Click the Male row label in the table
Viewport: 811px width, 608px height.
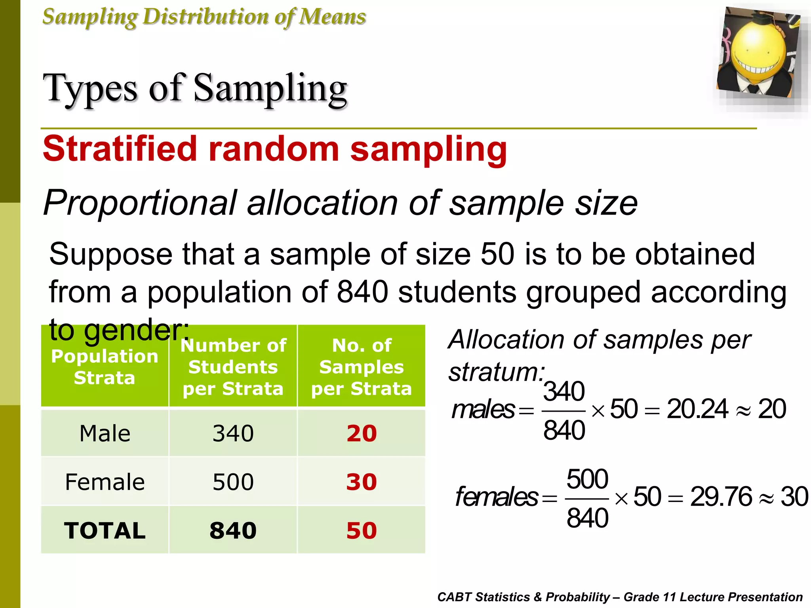pos(105,433)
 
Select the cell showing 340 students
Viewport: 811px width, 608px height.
pos(233,433)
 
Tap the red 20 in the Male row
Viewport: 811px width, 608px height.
pos(362,433)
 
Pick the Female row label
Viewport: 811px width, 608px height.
pos(105,482)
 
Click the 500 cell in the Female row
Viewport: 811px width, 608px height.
pos(233,482)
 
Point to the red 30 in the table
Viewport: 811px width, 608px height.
pos(362,482)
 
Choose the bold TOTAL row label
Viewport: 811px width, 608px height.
pos(105,530)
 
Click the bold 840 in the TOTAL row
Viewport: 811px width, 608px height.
pos(233,530)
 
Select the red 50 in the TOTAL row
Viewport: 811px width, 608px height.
pos(362,530)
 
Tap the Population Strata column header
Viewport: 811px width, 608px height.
pos(105,367)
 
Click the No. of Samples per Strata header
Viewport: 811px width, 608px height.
pos(362,367)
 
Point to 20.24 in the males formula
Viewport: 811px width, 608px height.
pos(697,409)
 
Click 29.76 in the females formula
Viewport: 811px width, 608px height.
pos(721,497)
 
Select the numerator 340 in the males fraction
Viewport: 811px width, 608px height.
pos(564,391)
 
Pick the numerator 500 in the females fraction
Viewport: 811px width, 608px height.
pos(587,479)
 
